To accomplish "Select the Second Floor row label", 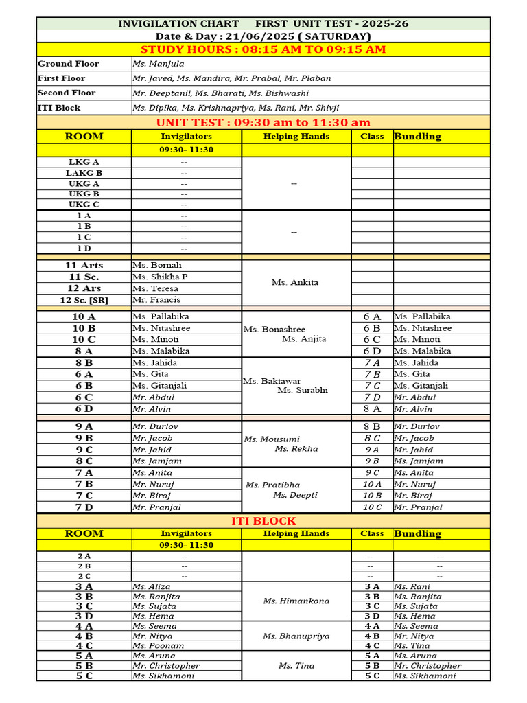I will point(67,93).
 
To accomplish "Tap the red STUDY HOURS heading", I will point(263,49).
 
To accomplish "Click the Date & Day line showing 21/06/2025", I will point(263,36).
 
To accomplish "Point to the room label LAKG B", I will point(84,173).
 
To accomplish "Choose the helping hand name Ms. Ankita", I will point(295,282).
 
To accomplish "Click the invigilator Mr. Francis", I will point(156,300).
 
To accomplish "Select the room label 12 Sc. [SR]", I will point(84,300).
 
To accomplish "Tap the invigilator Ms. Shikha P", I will point(160,277).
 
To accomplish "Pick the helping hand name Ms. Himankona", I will point(296,601).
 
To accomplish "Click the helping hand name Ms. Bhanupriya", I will point(296,636).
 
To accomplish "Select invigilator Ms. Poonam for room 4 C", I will point(159,645).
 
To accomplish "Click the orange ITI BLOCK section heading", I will point(263,521).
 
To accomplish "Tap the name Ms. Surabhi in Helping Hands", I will point(303,390).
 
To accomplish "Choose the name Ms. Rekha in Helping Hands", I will point(296,448).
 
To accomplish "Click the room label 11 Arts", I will point(84,265).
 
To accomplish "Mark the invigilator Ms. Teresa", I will point(155,288).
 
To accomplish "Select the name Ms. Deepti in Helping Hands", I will point(295,495).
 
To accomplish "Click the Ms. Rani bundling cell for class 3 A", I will point(412,586).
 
